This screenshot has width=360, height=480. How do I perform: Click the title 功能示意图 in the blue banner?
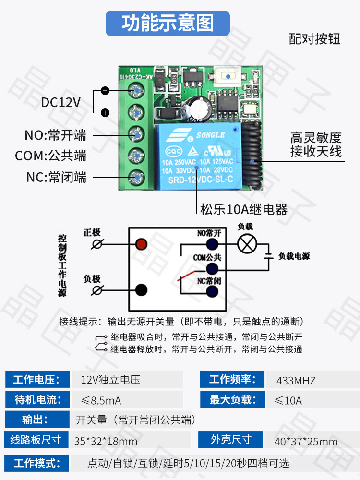(x=168, y=23)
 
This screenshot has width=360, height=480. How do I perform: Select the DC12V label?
(x=60, y=102)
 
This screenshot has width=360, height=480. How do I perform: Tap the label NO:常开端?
(x=55, y=135)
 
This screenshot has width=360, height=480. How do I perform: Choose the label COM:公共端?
(x=50, y=156)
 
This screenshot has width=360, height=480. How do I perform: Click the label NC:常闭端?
(x=56, y=177)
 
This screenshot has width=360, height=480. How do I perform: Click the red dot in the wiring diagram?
(x=141, y=243)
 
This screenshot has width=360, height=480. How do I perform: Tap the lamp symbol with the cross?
(x=247, y=244)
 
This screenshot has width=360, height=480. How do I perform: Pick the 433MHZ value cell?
(x=296, y=381)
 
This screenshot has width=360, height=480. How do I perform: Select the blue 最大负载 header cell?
(x=232, y=399)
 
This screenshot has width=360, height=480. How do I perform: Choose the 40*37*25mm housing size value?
(x=306, y=441)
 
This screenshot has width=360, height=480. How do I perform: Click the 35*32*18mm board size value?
(x=106, y=441)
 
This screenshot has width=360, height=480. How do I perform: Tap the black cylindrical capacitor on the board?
(x=197, y=108)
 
